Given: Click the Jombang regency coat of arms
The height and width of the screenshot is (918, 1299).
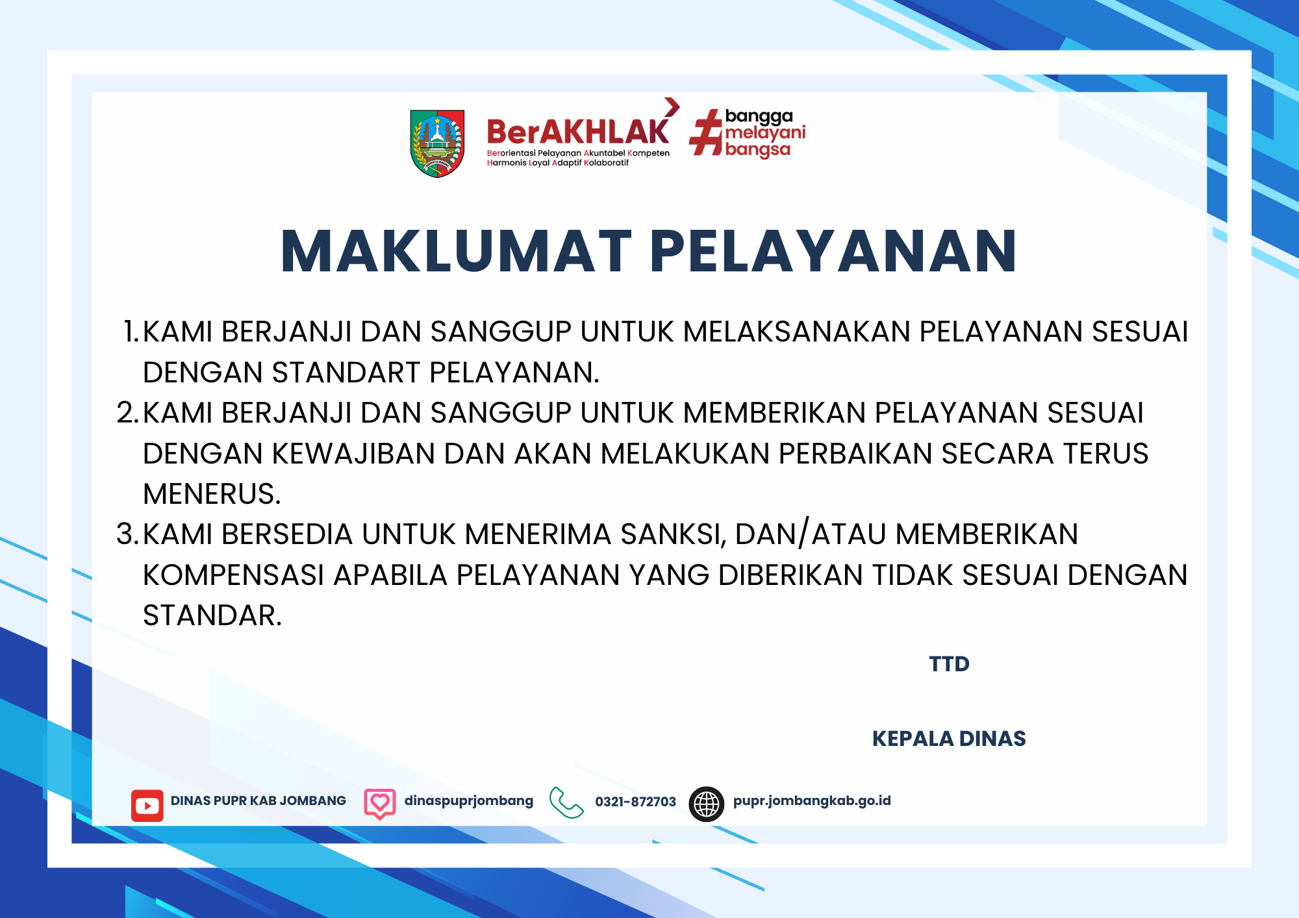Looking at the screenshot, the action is pyautogui.click(x=437, y=143).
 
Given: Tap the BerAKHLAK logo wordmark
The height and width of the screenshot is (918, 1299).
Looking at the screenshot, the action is pyautogui.click(x=578, y=132).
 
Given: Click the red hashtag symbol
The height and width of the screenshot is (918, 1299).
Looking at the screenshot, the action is pyautogui.click(x=705, y=132).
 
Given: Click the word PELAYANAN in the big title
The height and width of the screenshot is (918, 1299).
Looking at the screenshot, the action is pyautogui.click(x=833, y=251).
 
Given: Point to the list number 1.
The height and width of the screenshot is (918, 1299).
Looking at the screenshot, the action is pyautogui.click(x=131, y=331).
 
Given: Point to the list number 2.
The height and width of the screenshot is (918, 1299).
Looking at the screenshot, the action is pyautogui.click(x=127, y=412).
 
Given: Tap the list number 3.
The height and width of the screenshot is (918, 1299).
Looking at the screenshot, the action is pyautogui.click(x=127, y=534).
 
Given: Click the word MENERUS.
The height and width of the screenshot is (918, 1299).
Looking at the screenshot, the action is pyautogui.click(x=212, y=494).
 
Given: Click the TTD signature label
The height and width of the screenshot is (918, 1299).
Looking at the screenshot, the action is pyautogui.click(x=949, y=664).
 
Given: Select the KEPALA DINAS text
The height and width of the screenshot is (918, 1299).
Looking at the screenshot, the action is pyautogui.click(x=949, y=739).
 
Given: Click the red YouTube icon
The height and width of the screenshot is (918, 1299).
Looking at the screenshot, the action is pyautogui.click(x=147, y=806).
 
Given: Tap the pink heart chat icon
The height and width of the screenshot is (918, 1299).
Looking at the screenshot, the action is pyautogui.click(x=380, y=804).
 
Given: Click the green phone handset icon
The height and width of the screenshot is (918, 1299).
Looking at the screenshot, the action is pyautogui.click(x=566, y=803).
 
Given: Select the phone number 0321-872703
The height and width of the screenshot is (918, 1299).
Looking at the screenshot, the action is pyautogui.click(x=636, y=802).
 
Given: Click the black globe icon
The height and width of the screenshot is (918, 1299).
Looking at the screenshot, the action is pyautogui.click(x=707, y=804).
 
